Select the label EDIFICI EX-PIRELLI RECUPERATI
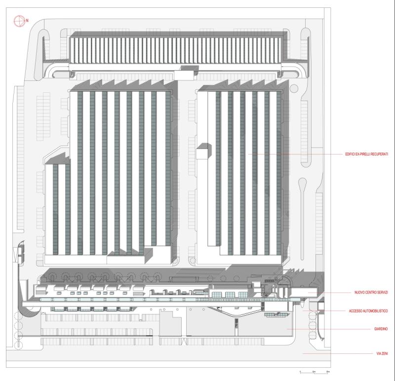pyautogui.click(x=366, y=154)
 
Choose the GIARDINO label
pyautogui.click(x=380, y=329)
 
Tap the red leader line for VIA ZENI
pyautogui.click(x=336, y=354)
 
